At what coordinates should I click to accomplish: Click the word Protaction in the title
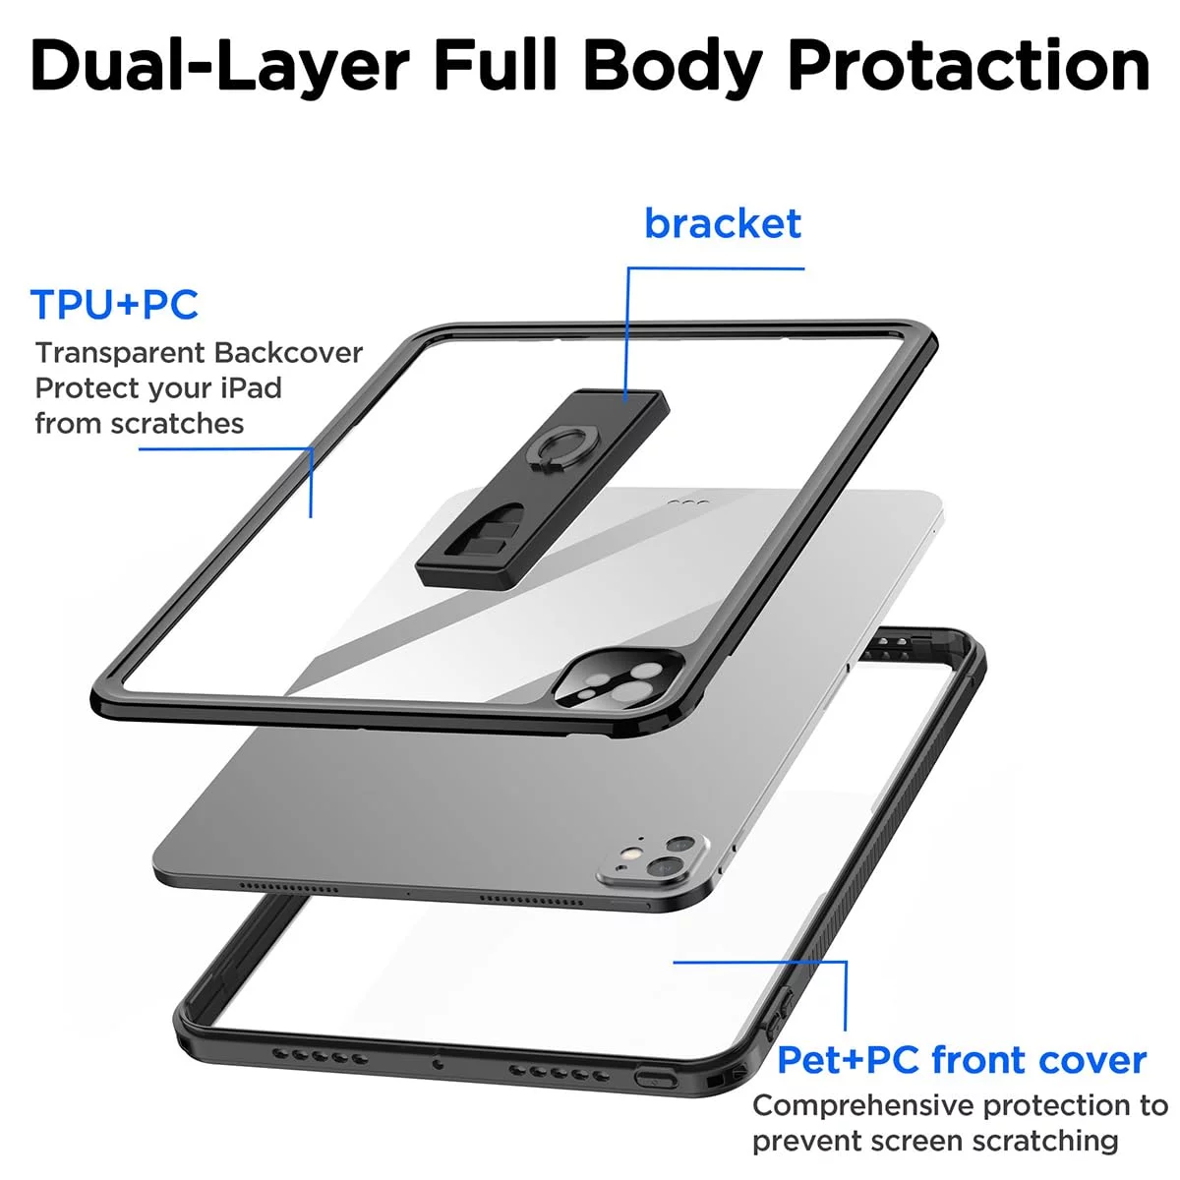pos(969,66)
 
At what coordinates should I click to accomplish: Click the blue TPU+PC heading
pos(114,304)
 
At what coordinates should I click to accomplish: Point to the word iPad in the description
pos(252,387)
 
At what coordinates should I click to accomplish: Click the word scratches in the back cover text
pos(178,423)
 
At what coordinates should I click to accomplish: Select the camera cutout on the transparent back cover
pos(617,680)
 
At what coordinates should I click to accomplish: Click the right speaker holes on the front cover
pos(559,1073)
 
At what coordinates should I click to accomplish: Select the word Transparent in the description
pos(120,353)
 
